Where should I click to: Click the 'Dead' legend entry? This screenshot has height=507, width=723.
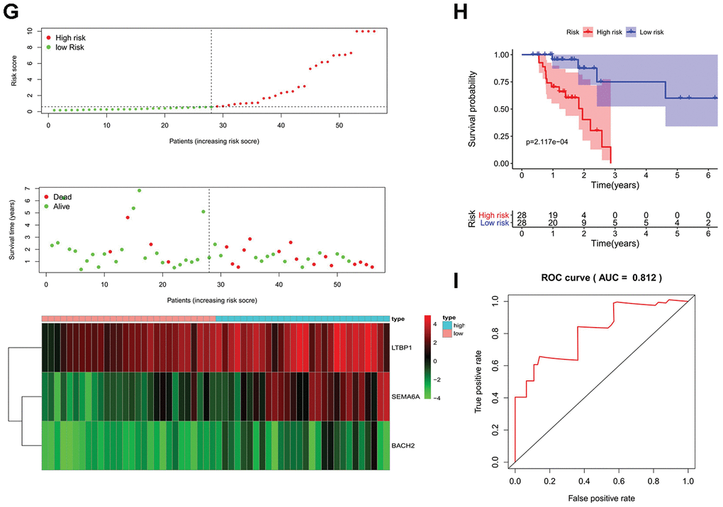click(x=62, y=197)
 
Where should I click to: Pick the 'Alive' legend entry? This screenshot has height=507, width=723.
click(x=62, y=206)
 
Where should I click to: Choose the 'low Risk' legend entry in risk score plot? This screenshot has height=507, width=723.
click(x=69, y=47)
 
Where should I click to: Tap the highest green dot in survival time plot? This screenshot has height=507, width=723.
click(x=139, y=190)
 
